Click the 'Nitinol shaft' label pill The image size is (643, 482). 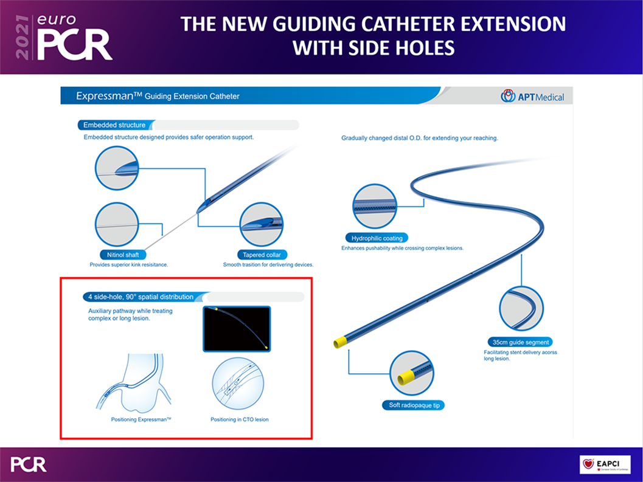tap(123, 255)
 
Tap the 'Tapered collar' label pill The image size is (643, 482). tap(262, 255)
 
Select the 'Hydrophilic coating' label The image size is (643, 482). tap(377, 238)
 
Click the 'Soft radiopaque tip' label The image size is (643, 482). tap(414, 405)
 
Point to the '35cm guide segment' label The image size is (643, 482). tap(520, 342)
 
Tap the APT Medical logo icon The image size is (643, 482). tap(508, 96)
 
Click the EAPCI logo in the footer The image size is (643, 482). tap(605, 464)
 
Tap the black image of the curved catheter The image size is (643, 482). tap(237, 329)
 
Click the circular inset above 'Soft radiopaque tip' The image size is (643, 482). tap(411, 373)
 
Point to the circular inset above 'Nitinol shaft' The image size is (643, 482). tap(117, 224)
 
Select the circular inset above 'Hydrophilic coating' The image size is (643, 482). tap(374, 206)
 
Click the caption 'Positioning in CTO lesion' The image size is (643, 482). tap(240, 419)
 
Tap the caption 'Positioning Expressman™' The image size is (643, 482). tap(141, 419)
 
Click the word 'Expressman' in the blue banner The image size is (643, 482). tap(105, 96)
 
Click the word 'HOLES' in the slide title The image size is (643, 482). tap(425, 48)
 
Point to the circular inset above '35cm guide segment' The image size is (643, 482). tap(521, 308)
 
